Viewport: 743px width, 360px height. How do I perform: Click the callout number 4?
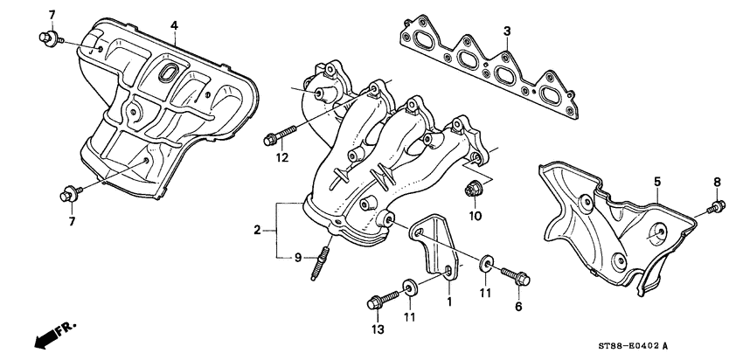(x=174, y=26)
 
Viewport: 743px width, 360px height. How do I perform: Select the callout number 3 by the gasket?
(x=506, y=32)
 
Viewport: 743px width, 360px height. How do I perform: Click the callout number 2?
(x=258, y=230)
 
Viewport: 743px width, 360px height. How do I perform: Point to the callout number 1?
(x=449, y=302)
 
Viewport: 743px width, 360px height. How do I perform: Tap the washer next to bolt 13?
(x=408, y=286)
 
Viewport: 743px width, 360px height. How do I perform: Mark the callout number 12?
(x=281, y=158)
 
